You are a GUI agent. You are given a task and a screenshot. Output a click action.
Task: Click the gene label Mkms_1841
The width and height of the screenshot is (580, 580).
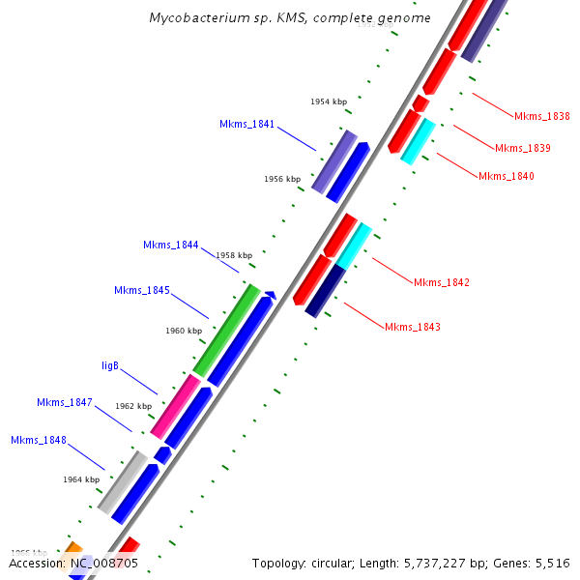click(246, 124)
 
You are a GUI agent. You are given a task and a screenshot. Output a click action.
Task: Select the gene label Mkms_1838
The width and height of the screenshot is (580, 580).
click(541, 116)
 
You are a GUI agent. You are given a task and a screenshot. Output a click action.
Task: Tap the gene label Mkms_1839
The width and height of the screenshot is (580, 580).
click(522, 148)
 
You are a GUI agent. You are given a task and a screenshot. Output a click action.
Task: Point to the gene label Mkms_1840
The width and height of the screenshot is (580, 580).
click(506, 176)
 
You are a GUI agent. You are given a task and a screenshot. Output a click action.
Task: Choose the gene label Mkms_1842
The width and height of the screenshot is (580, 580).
click(442, 282)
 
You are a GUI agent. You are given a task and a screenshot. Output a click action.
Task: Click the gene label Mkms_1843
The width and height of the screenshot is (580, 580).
click(413, 327)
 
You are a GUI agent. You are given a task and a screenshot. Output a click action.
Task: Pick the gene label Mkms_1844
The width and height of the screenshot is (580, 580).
click(170, 245)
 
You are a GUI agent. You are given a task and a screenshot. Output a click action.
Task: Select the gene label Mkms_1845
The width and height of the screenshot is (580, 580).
click(141, 290)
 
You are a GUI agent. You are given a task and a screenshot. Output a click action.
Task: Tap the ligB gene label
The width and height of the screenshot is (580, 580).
click(110, 365)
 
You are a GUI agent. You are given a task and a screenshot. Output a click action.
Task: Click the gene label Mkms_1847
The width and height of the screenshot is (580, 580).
click(64, 402)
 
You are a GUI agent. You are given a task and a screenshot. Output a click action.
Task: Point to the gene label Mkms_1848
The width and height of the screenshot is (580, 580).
click(39, 440)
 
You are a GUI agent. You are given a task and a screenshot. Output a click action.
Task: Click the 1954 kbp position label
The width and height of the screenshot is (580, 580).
click(328, 101)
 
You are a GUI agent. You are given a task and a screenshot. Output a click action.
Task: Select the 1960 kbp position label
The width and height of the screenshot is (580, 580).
click(183, 331)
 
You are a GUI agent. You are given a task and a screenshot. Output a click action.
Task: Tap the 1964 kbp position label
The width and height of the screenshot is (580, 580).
click(81, 479)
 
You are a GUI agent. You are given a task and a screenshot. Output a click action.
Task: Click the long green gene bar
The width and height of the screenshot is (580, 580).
click(226, 330)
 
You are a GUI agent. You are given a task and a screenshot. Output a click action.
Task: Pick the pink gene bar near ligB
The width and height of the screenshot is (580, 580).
click(175, 407)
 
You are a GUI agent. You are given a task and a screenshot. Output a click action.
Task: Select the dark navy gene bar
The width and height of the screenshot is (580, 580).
click(326, 291)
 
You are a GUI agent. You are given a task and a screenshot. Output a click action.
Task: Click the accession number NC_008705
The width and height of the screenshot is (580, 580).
click(101, 563)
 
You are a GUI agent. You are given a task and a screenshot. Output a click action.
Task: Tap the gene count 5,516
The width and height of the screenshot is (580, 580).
click(550, 563)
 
